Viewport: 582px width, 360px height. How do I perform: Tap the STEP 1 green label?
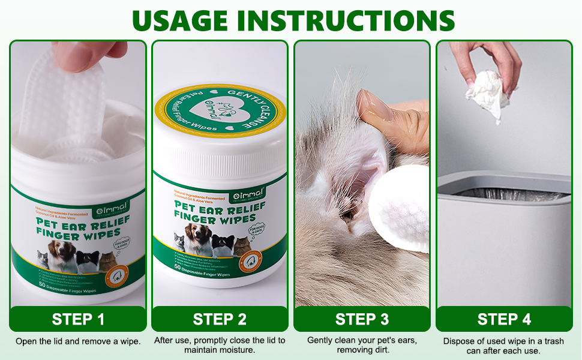pos(77,319)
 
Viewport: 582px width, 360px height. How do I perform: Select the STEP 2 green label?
pos(220,319)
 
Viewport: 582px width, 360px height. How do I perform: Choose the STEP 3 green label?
pos(362,319)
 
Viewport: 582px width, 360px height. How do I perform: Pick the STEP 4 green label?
pos(504,319)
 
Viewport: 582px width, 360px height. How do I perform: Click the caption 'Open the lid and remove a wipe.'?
pos(78,341)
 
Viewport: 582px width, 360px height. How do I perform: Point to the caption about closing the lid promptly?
pos(220,344)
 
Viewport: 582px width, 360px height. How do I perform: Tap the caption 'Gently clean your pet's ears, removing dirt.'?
pos(362,344)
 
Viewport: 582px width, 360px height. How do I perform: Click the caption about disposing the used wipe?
pos(504,346)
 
